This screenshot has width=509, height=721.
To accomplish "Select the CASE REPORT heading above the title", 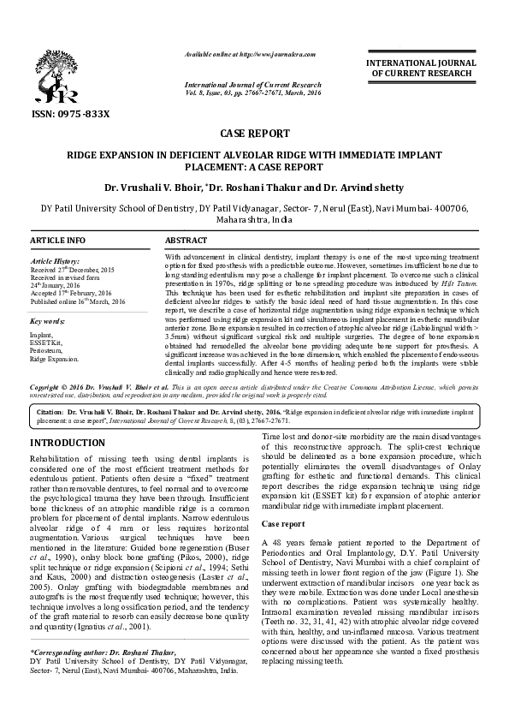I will pyautogui.click(x=254, y=134).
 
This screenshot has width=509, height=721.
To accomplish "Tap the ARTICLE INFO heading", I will pyautogui.click(x=58, y=242).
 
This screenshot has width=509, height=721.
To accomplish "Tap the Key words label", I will pyautogui.click(x=48, y=321).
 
